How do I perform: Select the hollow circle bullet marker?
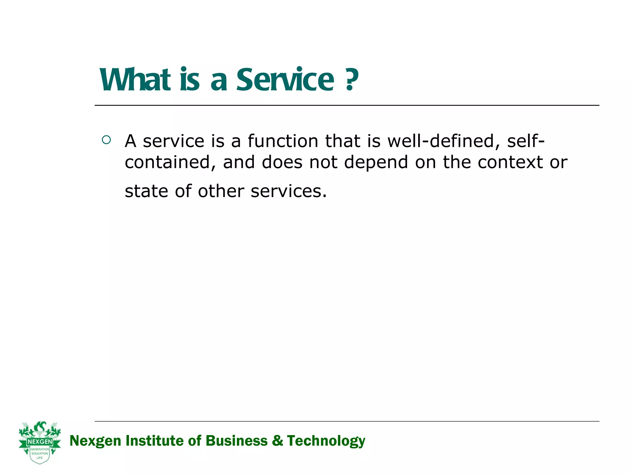click(106, 140)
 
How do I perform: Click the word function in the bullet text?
click(283, 141)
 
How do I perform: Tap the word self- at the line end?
click(526, 141)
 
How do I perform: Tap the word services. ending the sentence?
click(288, 191)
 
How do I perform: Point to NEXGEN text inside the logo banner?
click(40, 442)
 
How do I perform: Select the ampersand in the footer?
click(277, 441)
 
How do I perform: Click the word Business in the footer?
click(236, 441)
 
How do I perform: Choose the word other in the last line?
click(221, 191)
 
